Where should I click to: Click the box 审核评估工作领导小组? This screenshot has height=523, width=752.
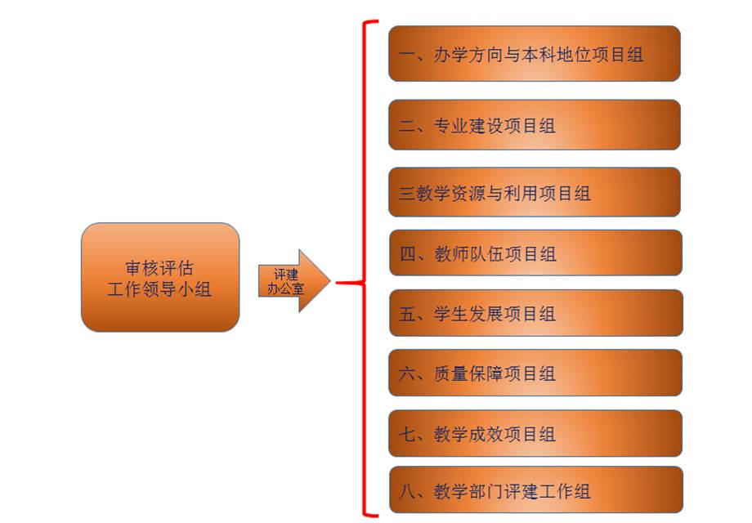[160, 277]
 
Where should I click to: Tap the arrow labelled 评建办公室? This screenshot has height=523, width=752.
[294, 281]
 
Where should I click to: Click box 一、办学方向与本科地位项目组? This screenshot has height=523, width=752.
[535, 54]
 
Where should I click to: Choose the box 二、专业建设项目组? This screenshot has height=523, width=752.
[535, 125]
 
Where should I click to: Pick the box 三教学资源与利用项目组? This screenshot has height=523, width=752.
[535, 192]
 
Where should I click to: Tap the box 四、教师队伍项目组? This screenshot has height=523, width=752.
[535, 253]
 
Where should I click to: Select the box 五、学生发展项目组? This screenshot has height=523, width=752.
[535, 312]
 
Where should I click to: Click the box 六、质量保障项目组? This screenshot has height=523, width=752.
[535, 373]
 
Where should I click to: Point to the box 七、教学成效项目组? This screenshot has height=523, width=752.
[535, 433]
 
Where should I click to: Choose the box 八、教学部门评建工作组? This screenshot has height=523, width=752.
[535, 490]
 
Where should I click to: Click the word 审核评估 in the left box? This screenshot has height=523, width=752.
[159, 268]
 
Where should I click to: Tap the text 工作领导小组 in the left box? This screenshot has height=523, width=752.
[159, 289]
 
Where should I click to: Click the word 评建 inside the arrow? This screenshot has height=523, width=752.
[286, 275]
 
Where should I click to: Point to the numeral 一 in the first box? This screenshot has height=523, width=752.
[408, 55]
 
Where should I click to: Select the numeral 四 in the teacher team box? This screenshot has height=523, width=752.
[408, 254]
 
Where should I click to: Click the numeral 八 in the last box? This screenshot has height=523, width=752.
[408, 491]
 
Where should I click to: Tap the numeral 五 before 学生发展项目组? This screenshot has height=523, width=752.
[408, 314]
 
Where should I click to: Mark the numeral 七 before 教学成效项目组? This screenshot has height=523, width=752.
[408, 434]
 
